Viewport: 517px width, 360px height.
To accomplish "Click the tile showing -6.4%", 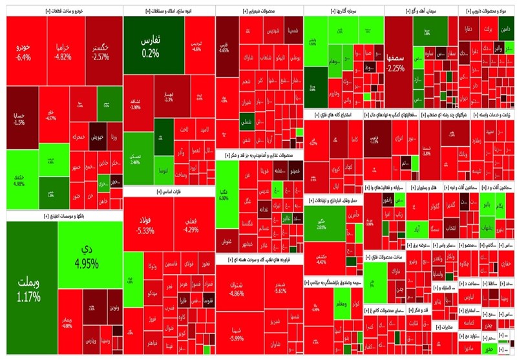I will [x=25, y=52].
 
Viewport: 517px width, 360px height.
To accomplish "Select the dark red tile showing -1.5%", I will [x=19, y=120].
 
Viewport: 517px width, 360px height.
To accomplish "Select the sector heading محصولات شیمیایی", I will [x=258, y=11].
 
